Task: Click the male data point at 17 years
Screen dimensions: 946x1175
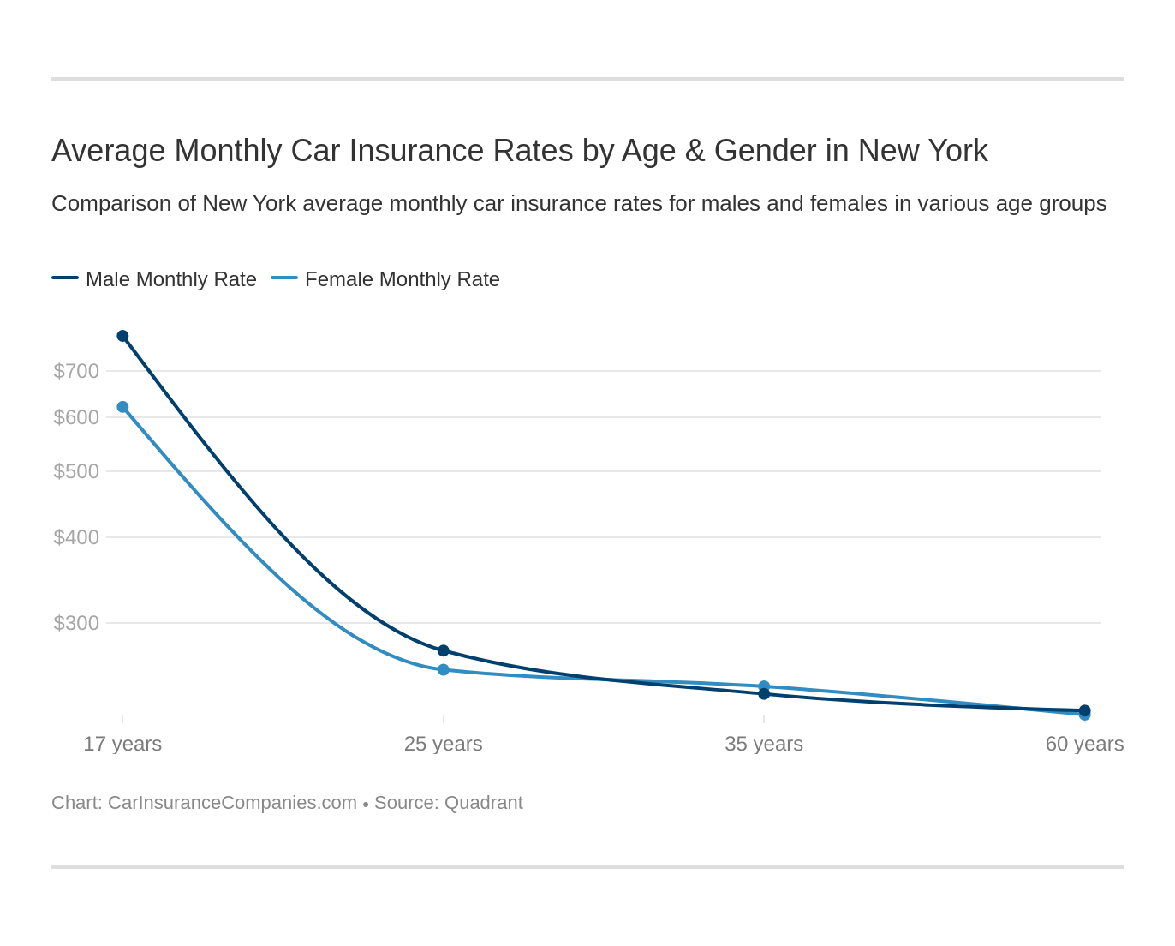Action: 122,336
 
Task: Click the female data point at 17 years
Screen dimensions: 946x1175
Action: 122,407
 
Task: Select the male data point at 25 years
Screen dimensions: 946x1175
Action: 444,650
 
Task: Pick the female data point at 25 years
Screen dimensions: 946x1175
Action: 444,669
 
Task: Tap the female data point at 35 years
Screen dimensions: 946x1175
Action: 764,686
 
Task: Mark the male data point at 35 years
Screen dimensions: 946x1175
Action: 764,694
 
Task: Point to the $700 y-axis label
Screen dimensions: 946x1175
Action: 76,371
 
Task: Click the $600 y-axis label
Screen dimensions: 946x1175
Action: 76,417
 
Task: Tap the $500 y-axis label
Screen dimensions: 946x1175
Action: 76,471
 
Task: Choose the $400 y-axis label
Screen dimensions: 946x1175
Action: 76,537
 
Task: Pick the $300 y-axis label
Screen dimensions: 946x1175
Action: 76,623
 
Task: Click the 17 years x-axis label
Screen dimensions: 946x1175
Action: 122,744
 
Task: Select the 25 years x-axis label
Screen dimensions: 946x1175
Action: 444,744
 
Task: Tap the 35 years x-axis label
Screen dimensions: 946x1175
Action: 764,744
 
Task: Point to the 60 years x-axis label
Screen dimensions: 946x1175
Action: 1084,744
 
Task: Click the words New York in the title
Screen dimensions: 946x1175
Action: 922,151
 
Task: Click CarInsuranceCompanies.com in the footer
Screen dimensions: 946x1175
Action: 232,803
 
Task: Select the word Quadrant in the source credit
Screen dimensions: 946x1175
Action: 483,803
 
